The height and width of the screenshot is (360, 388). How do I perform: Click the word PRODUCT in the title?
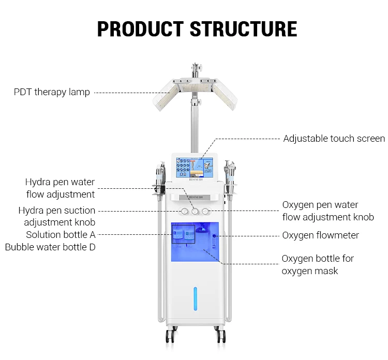(x=141, y=28)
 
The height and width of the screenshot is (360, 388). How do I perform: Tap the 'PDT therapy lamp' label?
(x=52, y=92)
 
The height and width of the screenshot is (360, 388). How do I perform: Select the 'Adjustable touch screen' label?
(x=334, y=139)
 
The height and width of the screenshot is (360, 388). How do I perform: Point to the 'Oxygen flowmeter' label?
(x=320, y=235)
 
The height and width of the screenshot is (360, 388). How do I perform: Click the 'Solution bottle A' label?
(x=61, y=234)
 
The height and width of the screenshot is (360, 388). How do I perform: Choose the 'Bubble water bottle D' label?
(x=50, y=247)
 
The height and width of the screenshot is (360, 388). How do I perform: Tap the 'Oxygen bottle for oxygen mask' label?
(x=318, y=264)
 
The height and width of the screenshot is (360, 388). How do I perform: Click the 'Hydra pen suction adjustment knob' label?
(x=57, y=216)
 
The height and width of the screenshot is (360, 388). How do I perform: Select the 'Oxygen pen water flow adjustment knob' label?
(x=327, y=211)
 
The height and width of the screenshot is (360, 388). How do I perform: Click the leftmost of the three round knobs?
(x=184, y=211)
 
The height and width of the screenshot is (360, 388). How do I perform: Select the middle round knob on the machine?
(x=195, y=211)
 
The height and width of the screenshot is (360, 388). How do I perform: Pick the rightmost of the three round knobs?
(x=206, y=211)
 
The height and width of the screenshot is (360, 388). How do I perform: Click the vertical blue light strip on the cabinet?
(x=195, y=298)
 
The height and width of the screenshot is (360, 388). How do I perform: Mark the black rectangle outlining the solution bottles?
(x=183, y=234)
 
